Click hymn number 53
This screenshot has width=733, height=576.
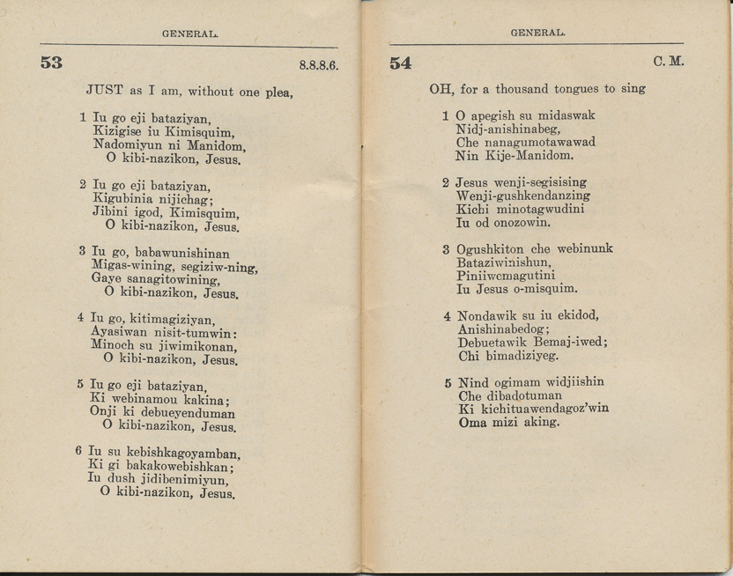click(49, 63)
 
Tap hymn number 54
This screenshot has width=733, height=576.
click(400, 63)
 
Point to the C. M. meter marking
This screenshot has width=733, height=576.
click(669, 63)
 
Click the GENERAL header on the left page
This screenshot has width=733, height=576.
click(189, 33)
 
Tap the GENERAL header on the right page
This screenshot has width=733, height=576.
click(537, 33)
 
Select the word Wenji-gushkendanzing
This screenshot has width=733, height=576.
click(523, 196)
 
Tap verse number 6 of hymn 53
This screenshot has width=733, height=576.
click(79, 450)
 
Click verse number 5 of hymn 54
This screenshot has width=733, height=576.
click(448, 383)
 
